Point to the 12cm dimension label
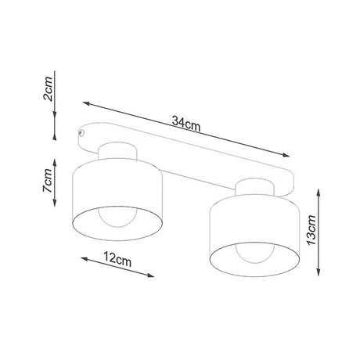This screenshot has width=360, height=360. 117,261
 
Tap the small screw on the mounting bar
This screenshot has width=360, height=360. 81,136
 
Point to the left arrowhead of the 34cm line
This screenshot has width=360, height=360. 85,103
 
